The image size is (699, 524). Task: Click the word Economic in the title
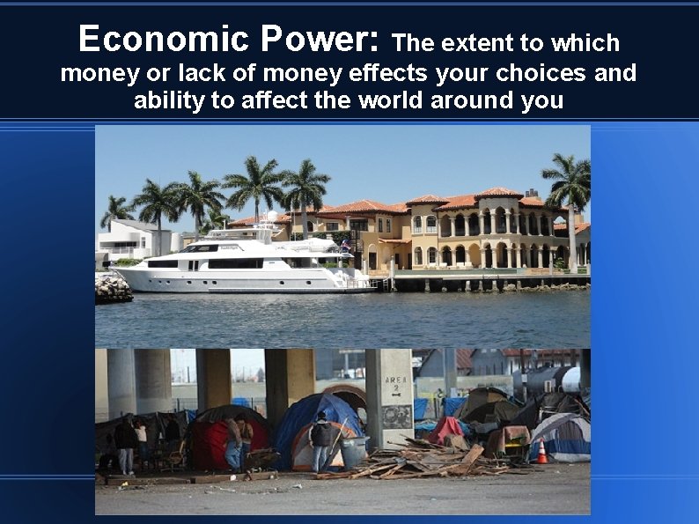[164, 40]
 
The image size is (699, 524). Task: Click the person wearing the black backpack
[322, 440]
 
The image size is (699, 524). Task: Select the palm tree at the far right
[568, 185]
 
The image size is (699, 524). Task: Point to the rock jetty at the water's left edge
[113, 287]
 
